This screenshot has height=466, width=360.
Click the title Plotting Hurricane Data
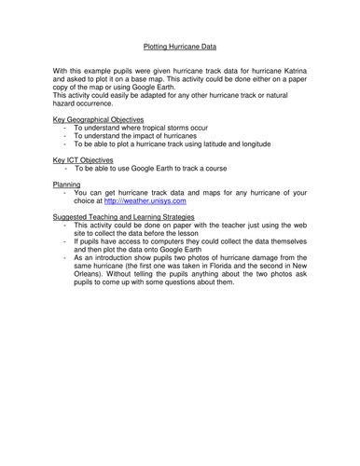click(x=181, y=43)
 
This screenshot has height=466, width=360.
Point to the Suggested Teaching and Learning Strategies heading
click(x=125, y=216)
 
